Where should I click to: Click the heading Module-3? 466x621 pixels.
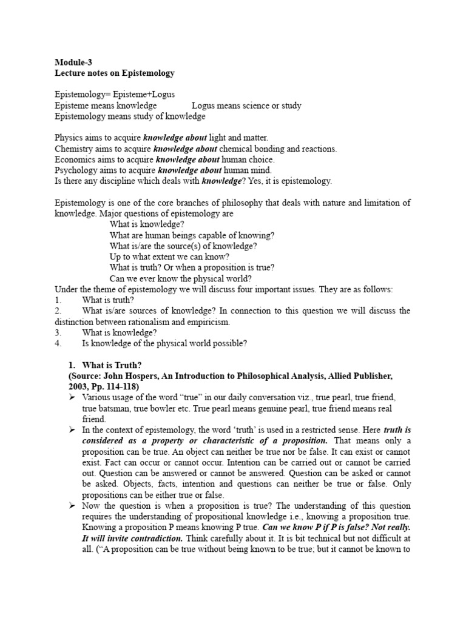coord(74,62)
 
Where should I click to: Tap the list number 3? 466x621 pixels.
coord(58,333)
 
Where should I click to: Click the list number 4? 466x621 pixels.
coord(58,344)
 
